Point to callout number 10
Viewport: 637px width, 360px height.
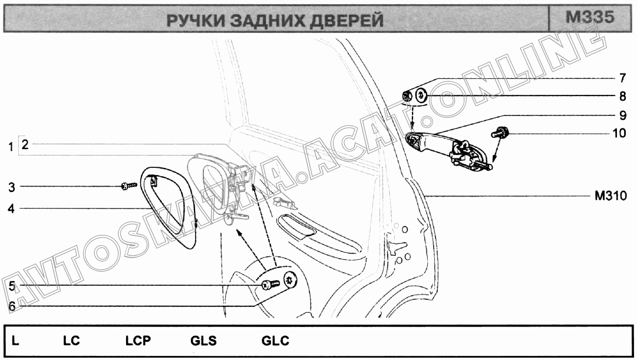pos(619,133)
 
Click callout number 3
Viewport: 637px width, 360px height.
pos(11,188)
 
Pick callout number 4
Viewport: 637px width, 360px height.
pos(11,208)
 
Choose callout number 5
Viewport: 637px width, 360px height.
pos(11,286)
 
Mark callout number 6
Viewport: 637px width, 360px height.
pos(11,305)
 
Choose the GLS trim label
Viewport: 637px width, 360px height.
pos(203,341)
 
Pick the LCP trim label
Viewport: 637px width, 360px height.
pos(138,341)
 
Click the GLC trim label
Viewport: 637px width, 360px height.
pos(275,341)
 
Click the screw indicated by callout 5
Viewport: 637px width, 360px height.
pos(268,285)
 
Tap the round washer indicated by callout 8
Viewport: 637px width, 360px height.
pos(421,94)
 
